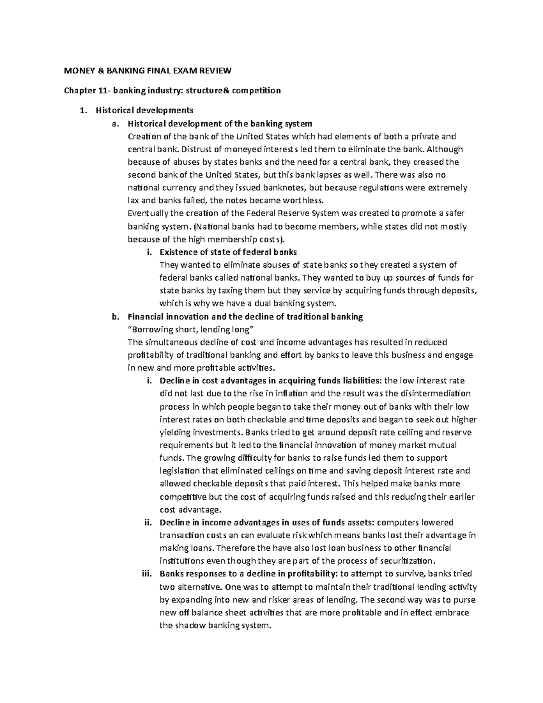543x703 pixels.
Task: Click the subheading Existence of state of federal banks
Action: tap(229, 252)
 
